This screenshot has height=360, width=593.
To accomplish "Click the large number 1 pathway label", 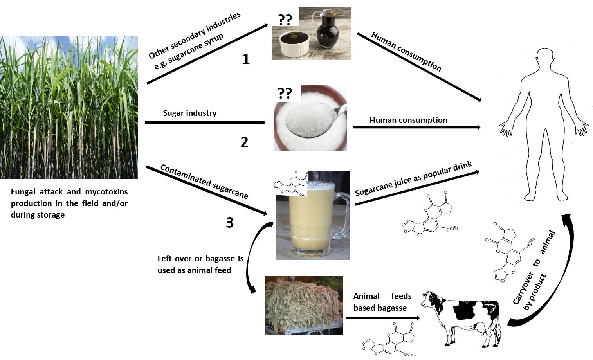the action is pyautogui.click(x=246, y=59).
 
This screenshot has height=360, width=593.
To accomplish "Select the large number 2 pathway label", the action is pyautogui.click(x=244, y=142).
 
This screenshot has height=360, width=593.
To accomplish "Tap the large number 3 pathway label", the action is pyautogui.click(x=230, y=222).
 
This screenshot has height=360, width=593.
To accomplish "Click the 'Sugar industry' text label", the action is pyautogui.click(x=189, y=113).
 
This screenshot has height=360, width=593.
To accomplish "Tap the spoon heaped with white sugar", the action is pyautogui.click(x=315, y=119).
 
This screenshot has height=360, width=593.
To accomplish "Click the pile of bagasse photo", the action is pyautogui.click(x=304, y=305).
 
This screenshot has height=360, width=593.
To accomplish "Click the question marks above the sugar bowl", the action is pyautogui.click(x=285, y=93).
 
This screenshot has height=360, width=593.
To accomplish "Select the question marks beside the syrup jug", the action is pyautogui.click(x=285, y=20).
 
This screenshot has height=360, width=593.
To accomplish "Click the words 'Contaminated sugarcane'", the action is pyautogui.click(x=204, y=181).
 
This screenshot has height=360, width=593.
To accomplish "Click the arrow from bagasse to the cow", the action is pyautogui.click(x=382, y=318).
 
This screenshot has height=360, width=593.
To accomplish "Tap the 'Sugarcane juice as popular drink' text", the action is pyautogui.click(x=413, y=179).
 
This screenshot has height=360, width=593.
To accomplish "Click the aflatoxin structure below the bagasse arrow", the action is pyautogui.click(x=389, y=339).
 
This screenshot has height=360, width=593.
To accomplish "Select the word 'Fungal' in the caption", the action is pyautogui.click(x=23, y=192).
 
